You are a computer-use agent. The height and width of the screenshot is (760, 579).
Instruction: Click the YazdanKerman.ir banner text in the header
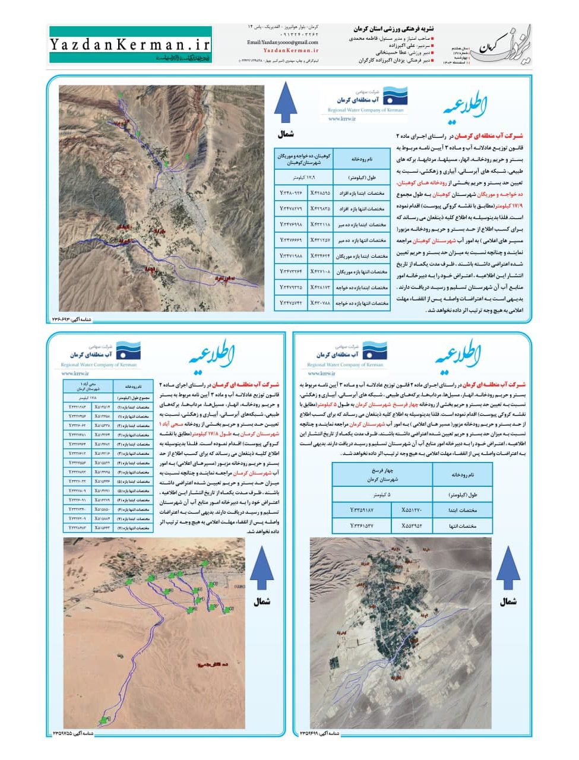[129, 44]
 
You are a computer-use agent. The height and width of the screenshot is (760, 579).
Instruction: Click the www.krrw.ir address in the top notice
[341, 119]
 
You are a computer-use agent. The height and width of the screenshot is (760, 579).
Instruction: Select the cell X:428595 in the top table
[320, 193]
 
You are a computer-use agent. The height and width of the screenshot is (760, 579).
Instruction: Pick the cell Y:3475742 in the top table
[291, 303]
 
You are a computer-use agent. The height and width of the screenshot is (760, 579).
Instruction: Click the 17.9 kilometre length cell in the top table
[304, 178]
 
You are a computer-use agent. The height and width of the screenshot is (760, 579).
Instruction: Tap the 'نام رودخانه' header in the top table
[361, 159]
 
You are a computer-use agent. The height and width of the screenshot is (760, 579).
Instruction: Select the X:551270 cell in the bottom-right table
[412, 510]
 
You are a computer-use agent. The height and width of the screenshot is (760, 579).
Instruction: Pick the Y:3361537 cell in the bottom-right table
[362, 526]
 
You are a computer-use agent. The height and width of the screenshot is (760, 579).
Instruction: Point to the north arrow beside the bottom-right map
[508, 568]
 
